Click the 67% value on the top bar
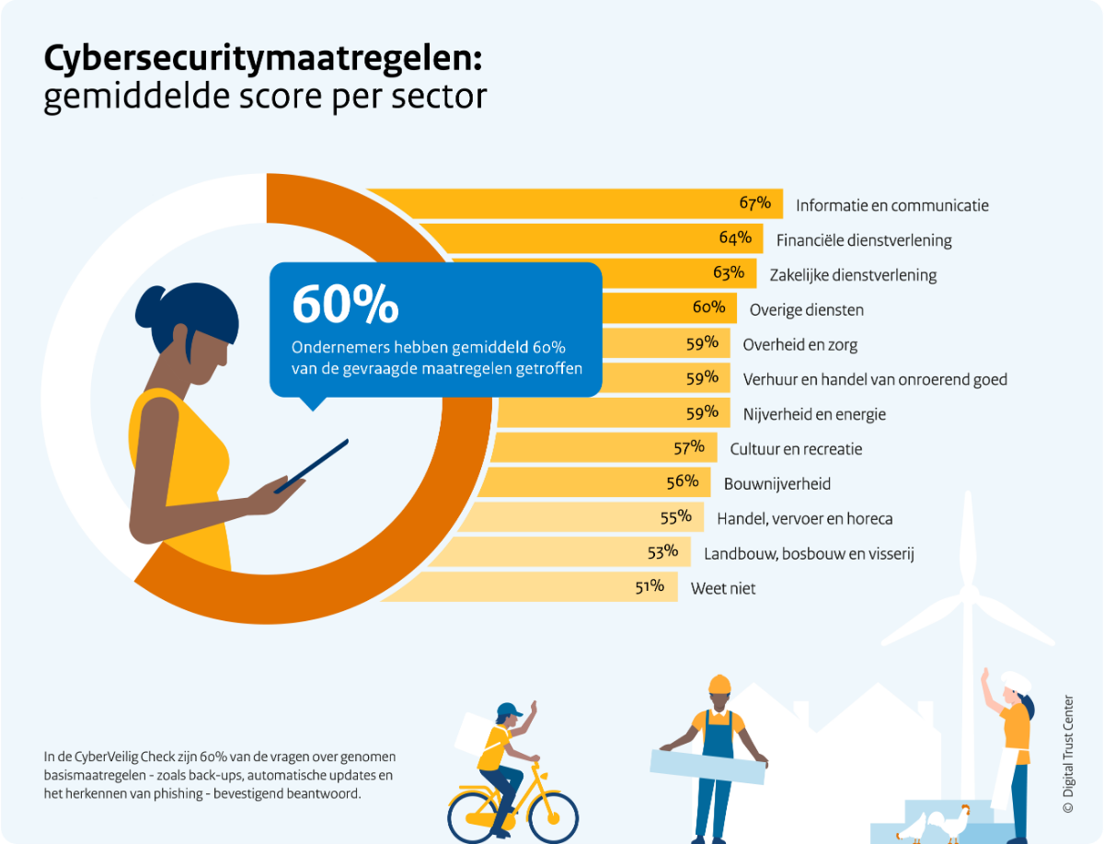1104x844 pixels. click(754, 203)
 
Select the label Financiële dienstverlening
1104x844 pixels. click(864, 240)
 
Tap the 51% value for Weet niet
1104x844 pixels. click(650, 587)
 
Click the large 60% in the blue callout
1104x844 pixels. click(345, 305)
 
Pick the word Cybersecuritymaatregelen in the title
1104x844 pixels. click(262, 60)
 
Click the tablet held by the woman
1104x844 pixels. click(312, 466)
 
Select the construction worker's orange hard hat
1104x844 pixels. click(719, 685)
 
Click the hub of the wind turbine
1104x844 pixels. click(967, 588)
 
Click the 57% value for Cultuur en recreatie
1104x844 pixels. click(689, 448)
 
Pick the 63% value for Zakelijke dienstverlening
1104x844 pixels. click(729, 273)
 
